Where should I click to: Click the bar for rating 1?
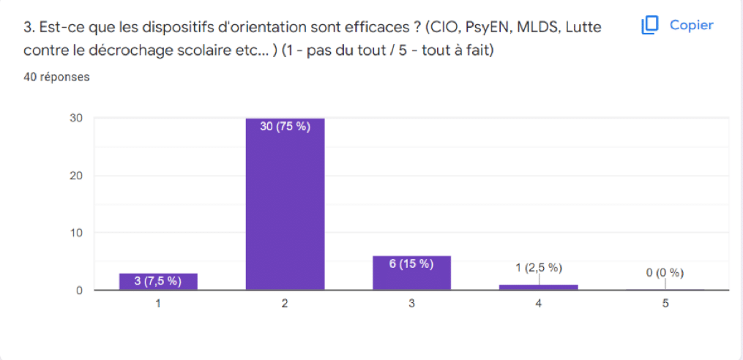click(x=158, y=282)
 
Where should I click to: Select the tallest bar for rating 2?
click(x=285, y=205)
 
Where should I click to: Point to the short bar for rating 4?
click(x=539, y=288)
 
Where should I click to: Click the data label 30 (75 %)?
click(x=285, y=127)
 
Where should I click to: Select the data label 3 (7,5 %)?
click(x=158, y=282)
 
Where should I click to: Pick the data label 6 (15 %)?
click(x=411, y=264)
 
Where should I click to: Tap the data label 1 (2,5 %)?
click(x=539, y=268)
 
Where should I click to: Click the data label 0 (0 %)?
click(x=665, y=273)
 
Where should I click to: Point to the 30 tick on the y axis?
click(x=76, y=118)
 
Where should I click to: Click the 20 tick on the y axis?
click(x=76, y=176)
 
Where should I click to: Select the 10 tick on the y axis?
click(x=76, y=233)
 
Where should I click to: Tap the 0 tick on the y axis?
click(x=79, y=290)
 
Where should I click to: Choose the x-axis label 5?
click(x=665, y=304)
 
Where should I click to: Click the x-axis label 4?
click(x=539, y=304)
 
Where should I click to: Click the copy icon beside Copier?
click(x=650, y=26)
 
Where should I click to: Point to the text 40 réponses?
click(x=56, y=77)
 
